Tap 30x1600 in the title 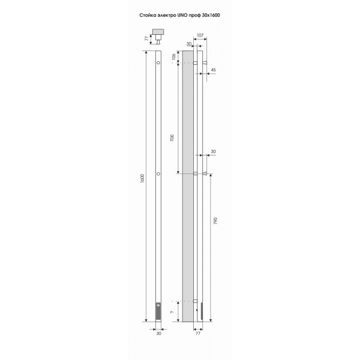(x=211, y=16)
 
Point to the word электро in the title (x=166, y=16)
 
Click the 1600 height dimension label (x=142, y=178)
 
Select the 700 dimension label (x=172, y=138)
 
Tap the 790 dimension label (x=215, y=221)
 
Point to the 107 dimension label (x=200, y=35)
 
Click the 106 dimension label (x=174, y=57)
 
